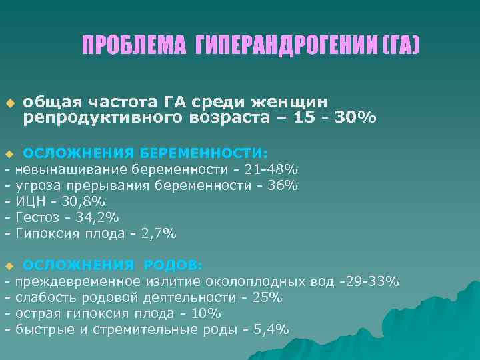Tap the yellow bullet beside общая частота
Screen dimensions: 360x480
pyautogui.click(x=9, y=104)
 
